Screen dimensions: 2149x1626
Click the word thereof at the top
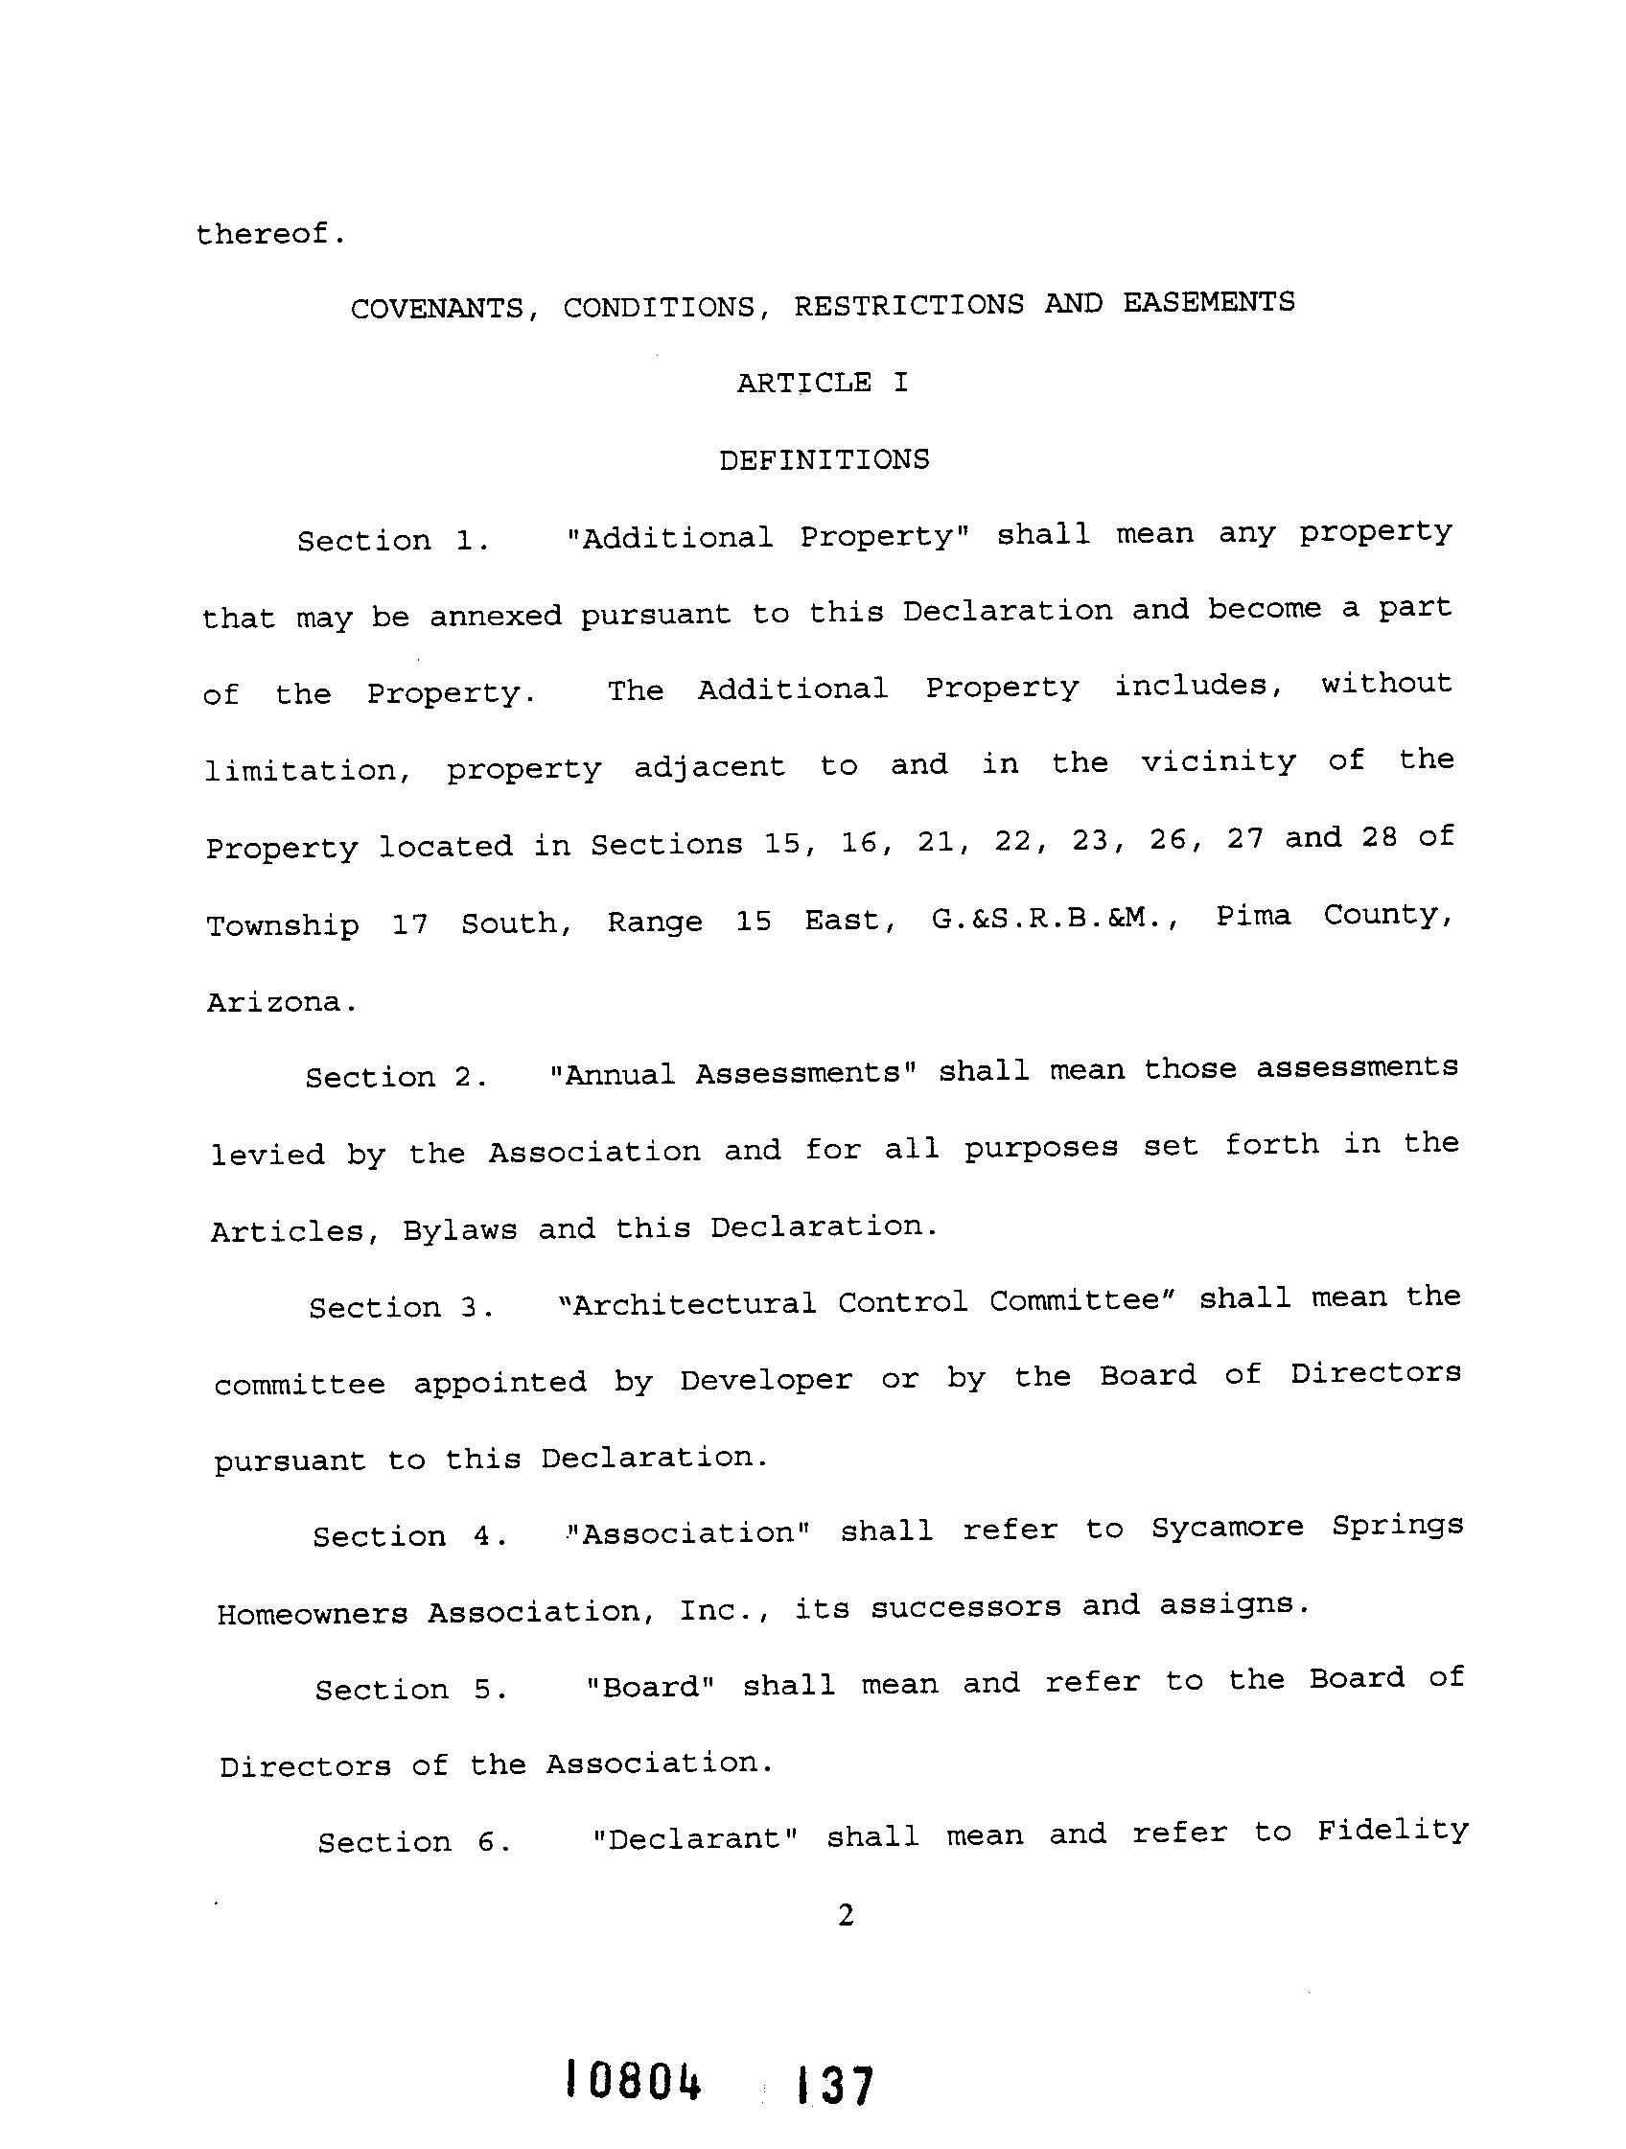(x=269, y=234)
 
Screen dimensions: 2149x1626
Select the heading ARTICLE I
(x=822, y=383)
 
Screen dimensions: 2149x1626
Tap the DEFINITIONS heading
(x=824, y=459)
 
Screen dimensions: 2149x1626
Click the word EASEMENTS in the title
(x=1208, y=302)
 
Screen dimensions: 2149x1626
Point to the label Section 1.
(x=392, y=540)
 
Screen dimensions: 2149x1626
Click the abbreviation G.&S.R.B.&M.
(x=1055, y=918)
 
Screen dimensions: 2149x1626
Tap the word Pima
(x=1253, y=916)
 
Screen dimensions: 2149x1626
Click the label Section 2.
(x=395, y=1077)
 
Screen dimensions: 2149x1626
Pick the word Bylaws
(x=459, y=1230)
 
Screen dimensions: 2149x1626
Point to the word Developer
(x=765, y=1380)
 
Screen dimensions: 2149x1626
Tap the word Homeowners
(x=312, y=1614)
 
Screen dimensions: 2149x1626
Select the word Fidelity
(x=1392, y=1831)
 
